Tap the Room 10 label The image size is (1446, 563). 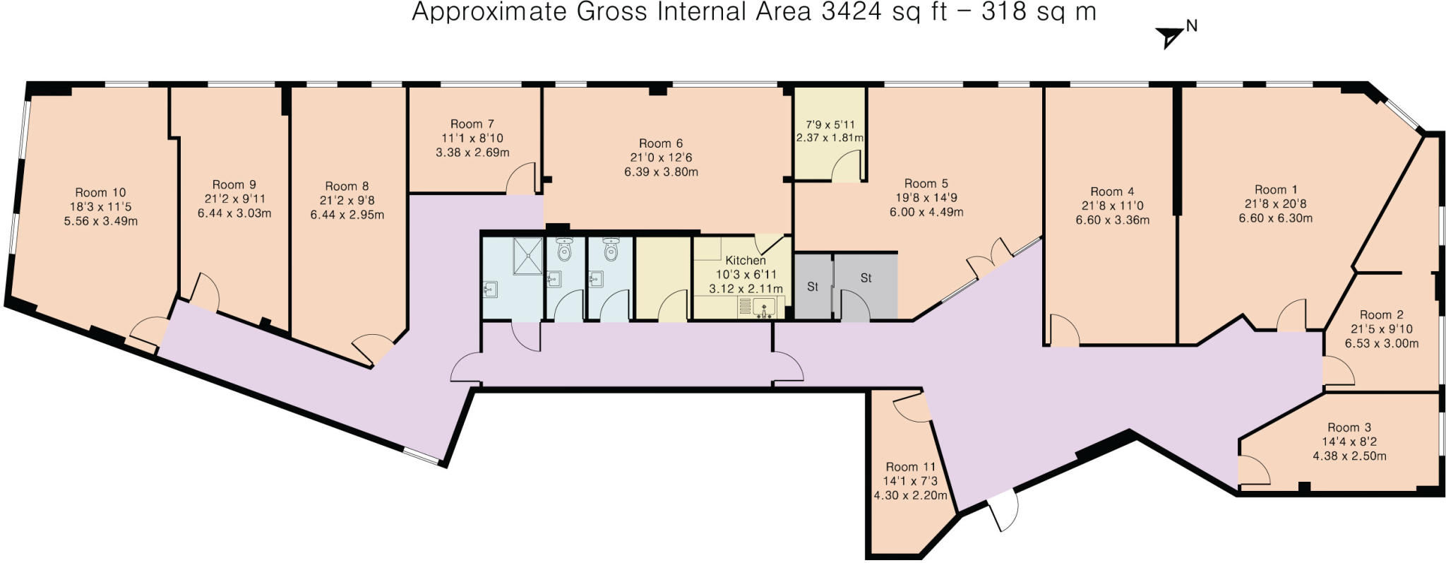click(x=100, y=192)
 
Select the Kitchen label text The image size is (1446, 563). click(x=745, y=260)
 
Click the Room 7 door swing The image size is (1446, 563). click(x=522, y=178)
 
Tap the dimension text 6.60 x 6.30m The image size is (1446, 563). click(x=1275, y=218)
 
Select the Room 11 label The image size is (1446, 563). click(x=910, y=467)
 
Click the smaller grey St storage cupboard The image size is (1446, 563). click(x=813, y=287)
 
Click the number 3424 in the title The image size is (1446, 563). click(x=852, y=13)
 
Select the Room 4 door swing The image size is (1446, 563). click(x=1063, y=331)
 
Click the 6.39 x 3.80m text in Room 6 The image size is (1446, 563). click(x=661, y=172)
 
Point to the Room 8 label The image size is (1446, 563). click(x=347, y=186)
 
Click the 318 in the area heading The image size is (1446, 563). click(x=1003, y=13)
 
